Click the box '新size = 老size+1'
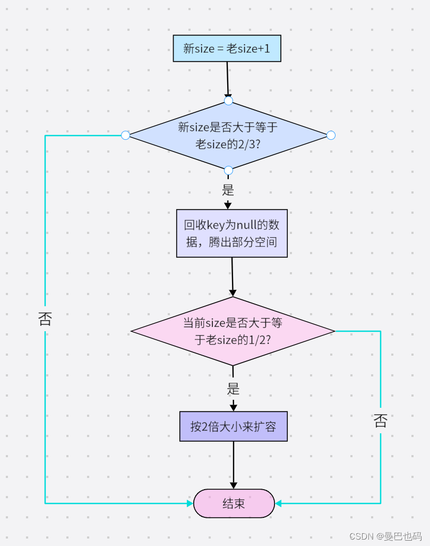tap(227, 49)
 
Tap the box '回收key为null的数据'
tap(231, 233)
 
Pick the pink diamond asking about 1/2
tap(233, 331)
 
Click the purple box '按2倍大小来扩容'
tap(233, 426)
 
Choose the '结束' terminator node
tap(234, 503)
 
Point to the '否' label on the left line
tap(45, 318)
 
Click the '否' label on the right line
tap(381, 421)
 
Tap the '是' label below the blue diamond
tap(228, 190)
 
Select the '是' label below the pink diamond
tap(233, 389)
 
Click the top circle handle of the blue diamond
tap(228, 101)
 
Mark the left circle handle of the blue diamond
tap(125, 136)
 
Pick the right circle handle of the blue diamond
tap(331, 136)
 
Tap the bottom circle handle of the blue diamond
tap(228, 170)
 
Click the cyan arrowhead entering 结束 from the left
tap(190, 503)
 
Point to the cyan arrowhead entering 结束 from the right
tap(278, 503)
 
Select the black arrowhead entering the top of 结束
tap(234, 485)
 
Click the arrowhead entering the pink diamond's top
tap(233, 293)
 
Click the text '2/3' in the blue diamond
tap(245, 144)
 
